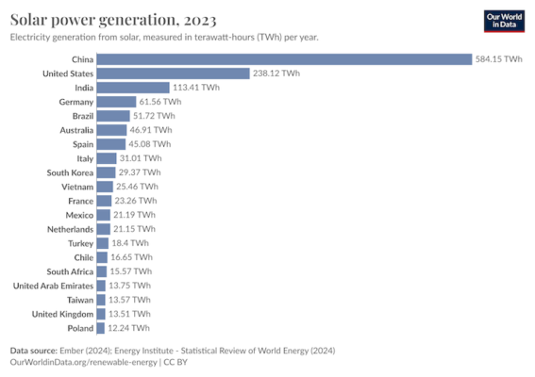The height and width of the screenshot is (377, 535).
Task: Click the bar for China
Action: click(283, 59)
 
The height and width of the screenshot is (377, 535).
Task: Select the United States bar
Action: click(172, 74)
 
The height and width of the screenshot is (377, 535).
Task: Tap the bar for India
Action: click(132, 88)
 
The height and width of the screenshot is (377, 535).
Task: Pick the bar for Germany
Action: click(116, 102)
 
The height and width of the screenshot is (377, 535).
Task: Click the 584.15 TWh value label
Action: click(499, 59)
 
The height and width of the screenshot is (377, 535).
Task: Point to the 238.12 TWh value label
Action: click(276, 74)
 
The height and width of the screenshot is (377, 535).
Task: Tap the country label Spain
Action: click(81, 144)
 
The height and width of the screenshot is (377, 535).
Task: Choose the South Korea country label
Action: click(69, 172)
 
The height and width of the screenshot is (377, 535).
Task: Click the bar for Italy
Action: click(106, 158)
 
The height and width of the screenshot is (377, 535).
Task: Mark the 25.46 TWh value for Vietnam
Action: click(137, 187)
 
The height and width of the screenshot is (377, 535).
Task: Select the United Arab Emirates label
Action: click(53, 286)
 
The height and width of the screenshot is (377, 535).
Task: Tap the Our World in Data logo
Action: click(498, 22)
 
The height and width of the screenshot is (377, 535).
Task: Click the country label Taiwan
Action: click(77, 300)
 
